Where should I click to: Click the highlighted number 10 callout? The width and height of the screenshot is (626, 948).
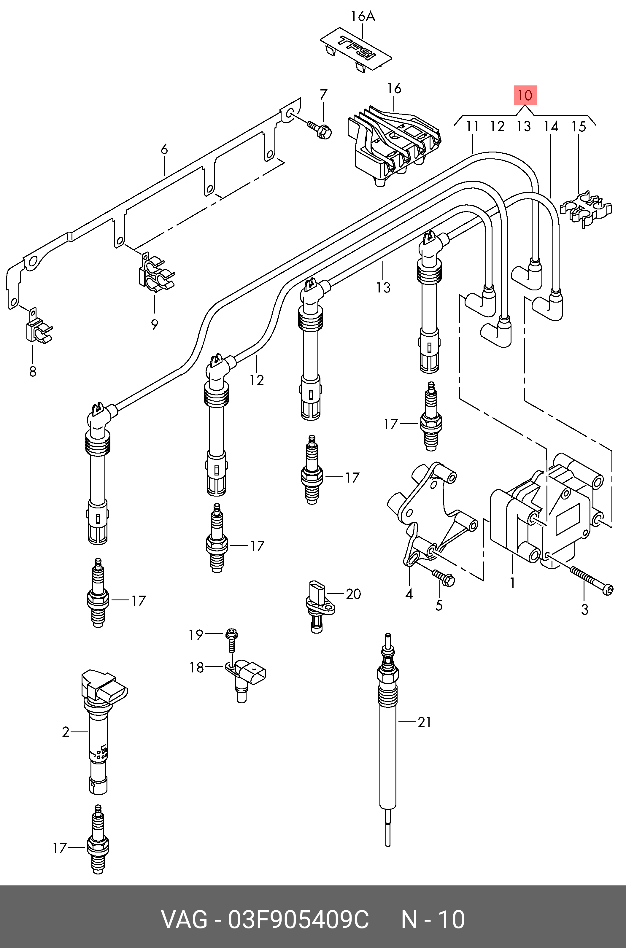point(525,96)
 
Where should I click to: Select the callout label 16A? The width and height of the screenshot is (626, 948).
point(363,16)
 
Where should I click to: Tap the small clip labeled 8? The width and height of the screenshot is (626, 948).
point(37,329)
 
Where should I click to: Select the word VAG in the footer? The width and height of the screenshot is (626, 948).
point(184,920)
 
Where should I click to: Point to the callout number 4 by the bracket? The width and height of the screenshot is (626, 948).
point(409,594)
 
